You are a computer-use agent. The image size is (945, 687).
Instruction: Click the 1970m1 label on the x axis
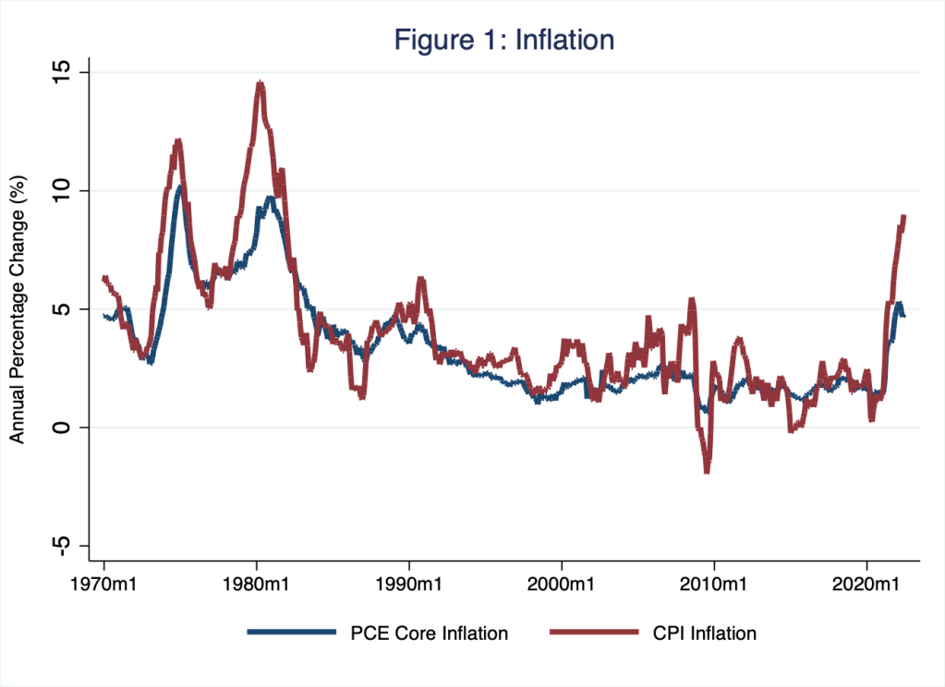103,585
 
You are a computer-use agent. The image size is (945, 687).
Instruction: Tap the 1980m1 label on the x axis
257,585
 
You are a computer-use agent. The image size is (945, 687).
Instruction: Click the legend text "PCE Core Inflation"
430,633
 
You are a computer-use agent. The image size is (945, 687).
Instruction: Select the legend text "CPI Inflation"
705,633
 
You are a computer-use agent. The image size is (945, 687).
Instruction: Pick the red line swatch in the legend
594,633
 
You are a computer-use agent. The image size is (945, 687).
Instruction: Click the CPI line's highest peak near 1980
260,84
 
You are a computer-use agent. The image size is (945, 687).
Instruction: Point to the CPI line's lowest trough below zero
708,470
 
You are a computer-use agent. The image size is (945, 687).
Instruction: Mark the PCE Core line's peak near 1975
180,188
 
